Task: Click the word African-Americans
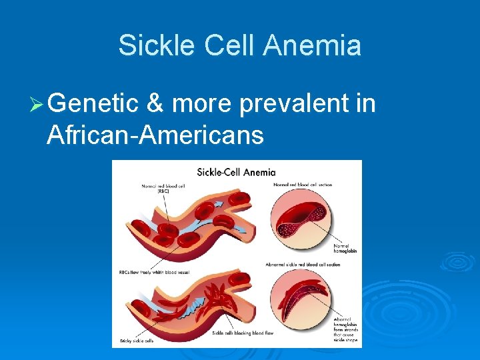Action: tap(155, 135)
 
